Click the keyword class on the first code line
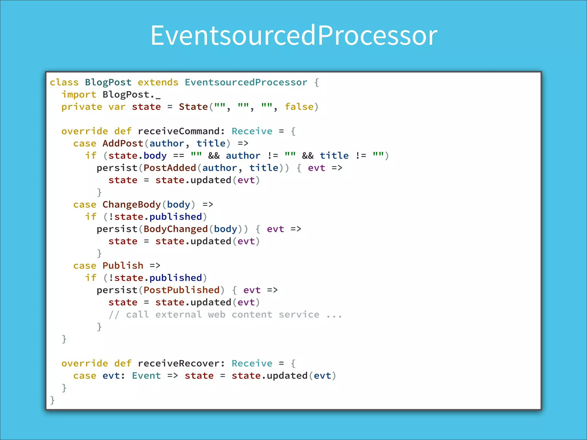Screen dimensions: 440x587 [x=64, y=82]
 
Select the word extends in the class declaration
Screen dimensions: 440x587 [x=158, y=82]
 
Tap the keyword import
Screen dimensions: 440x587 [x=79, y=95]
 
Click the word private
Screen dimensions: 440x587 [x=82, y=107]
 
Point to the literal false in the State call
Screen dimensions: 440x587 [x=299, y=107]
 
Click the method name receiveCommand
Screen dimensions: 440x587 [x=179, y=131]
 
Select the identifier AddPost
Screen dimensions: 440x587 [x=123, y=143]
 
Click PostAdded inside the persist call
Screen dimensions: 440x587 [x=170, y=168]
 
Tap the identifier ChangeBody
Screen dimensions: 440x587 [x=132, y=205]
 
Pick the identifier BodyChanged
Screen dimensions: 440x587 [x=175, y=229]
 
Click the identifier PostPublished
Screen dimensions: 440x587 [x=181, y=290]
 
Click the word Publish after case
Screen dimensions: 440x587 [x=123, y=266]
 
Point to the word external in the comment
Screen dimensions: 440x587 [x=179, y=315]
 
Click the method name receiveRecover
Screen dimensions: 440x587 [x=179, y=363]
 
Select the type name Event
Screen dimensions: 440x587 [x=146, y=376]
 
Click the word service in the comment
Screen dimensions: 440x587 [x=299, y=315]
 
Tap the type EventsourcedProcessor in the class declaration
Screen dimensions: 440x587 [x=246, y=82]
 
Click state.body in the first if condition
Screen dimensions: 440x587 [x=137, y=156]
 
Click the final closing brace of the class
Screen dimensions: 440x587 [x=52, y=400]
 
